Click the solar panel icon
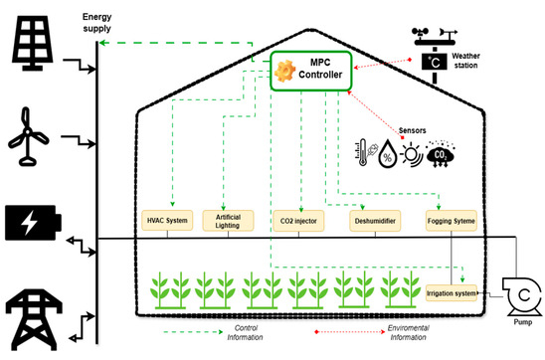tap(33, 43)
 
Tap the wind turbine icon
tap(28, 136)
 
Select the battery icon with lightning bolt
tap(33, 223)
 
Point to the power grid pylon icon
tap(34, 319)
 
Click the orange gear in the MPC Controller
tap(285, 71)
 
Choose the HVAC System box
tap(167, 221)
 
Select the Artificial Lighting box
tap(228, 221)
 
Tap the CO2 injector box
tap(298, 221)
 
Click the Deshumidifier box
tap(375, 221)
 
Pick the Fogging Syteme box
tap(452, 221)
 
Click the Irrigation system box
tap(452, 293)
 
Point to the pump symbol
tap(522, 295)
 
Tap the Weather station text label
tap(465, 61)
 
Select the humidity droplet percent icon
tap(387, 154)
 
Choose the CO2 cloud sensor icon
tap(440, 154)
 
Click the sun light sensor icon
tap(412, 154)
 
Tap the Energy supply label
tap(97, 23)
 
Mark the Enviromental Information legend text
tap(409, 332)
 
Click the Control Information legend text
tap(246, 332)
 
